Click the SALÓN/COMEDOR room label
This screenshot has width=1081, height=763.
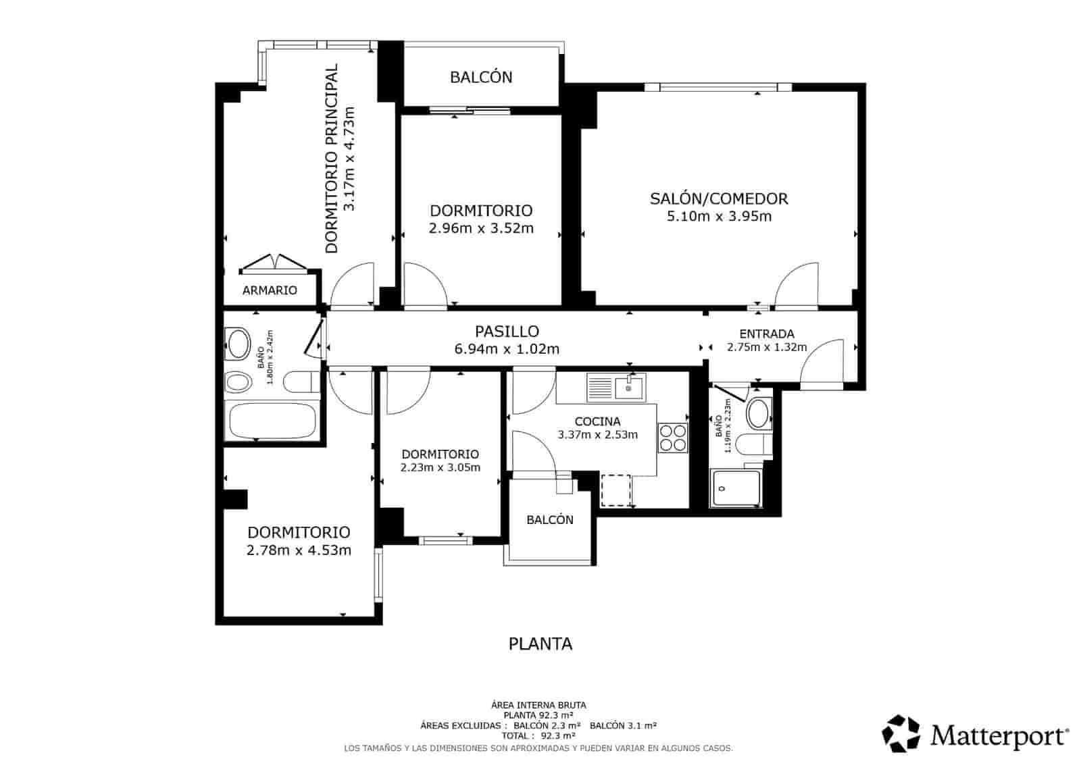719,199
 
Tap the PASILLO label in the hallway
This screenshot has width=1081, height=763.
507,332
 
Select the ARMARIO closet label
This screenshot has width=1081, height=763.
270,290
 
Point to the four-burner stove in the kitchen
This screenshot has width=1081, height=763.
673,438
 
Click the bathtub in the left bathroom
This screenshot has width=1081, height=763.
273,421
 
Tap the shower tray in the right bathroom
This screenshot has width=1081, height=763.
736,489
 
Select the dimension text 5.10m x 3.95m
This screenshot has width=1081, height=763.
719,217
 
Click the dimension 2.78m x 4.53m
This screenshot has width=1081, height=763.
299,550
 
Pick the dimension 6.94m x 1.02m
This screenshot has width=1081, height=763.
507,348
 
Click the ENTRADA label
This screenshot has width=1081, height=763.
767,334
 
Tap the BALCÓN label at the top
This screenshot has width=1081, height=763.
481,77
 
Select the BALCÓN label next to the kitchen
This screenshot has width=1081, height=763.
550,520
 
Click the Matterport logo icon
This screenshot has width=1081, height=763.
901,733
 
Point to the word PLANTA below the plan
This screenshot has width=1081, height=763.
540,644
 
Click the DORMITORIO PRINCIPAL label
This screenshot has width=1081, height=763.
332,159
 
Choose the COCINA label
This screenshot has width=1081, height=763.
597,421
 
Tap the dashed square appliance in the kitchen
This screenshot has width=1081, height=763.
615,490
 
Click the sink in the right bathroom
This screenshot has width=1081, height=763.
757,413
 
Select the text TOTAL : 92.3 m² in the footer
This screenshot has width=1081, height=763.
538,736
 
